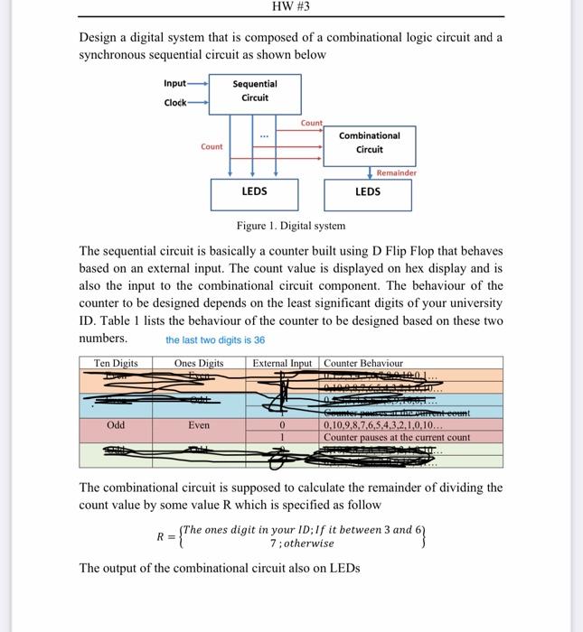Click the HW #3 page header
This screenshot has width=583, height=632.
290,6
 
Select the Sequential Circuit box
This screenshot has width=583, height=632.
255,92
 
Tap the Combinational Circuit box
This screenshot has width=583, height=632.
369,143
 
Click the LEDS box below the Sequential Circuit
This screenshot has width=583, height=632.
255,192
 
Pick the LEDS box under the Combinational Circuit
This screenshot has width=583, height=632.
368,192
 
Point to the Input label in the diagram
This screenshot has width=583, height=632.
174,84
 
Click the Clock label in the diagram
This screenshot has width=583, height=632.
175,102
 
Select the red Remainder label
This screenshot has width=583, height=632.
397,172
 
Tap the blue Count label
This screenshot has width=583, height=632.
212,147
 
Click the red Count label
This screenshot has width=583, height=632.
311,123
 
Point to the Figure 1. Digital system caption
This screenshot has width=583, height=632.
290,226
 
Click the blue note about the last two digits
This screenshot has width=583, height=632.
215,340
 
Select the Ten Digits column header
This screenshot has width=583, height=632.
116,363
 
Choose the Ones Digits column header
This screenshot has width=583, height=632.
199,363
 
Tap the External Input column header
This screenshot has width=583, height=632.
282,363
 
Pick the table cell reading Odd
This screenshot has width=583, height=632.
116,424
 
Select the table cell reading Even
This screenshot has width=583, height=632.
199,424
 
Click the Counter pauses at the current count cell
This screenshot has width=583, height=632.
397,437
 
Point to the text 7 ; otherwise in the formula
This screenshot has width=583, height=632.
302,544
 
